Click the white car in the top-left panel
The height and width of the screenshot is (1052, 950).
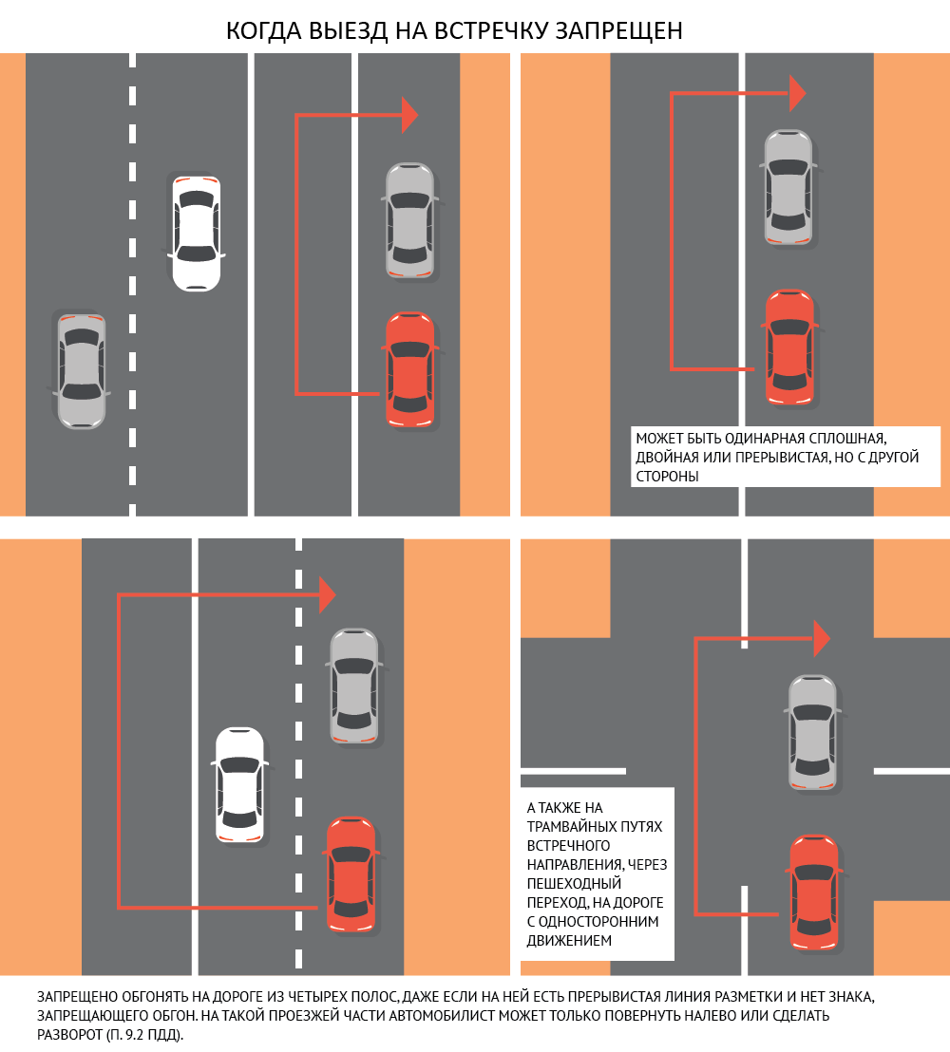(x=196, y=232)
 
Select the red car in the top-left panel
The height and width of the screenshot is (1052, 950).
(x=409, y=368)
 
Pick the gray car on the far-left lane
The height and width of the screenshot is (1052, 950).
(x=81, y=369)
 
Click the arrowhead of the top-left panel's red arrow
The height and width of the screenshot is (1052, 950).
(x=409, y=115)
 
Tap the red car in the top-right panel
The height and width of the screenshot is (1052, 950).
(x=789, y=348)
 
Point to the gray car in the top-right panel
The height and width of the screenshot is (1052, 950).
(x=788, y=187)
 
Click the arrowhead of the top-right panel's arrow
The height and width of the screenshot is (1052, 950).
(x=797, y=93)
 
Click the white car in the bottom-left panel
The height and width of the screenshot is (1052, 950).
(x=239, y=784)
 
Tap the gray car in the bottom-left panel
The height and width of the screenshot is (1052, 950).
(x=353, y=685)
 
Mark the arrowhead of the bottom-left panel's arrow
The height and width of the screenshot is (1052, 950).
(x=328, y=595)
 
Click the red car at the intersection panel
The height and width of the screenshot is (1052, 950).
(x=814, y=892)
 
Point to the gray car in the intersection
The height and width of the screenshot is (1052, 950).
(x=813, y=731)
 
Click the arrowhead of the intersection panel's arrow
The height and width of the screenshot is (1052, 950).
(x=822, y=638)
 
